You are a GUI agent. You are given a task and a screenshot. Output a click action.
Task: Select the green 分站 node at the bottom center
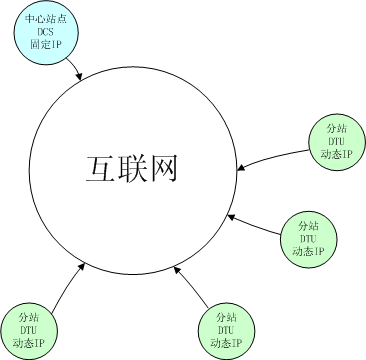(x=225, y=329)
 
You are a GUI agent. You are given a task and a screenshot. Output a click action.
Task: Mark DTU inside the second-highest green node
(x=307, y=238)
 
